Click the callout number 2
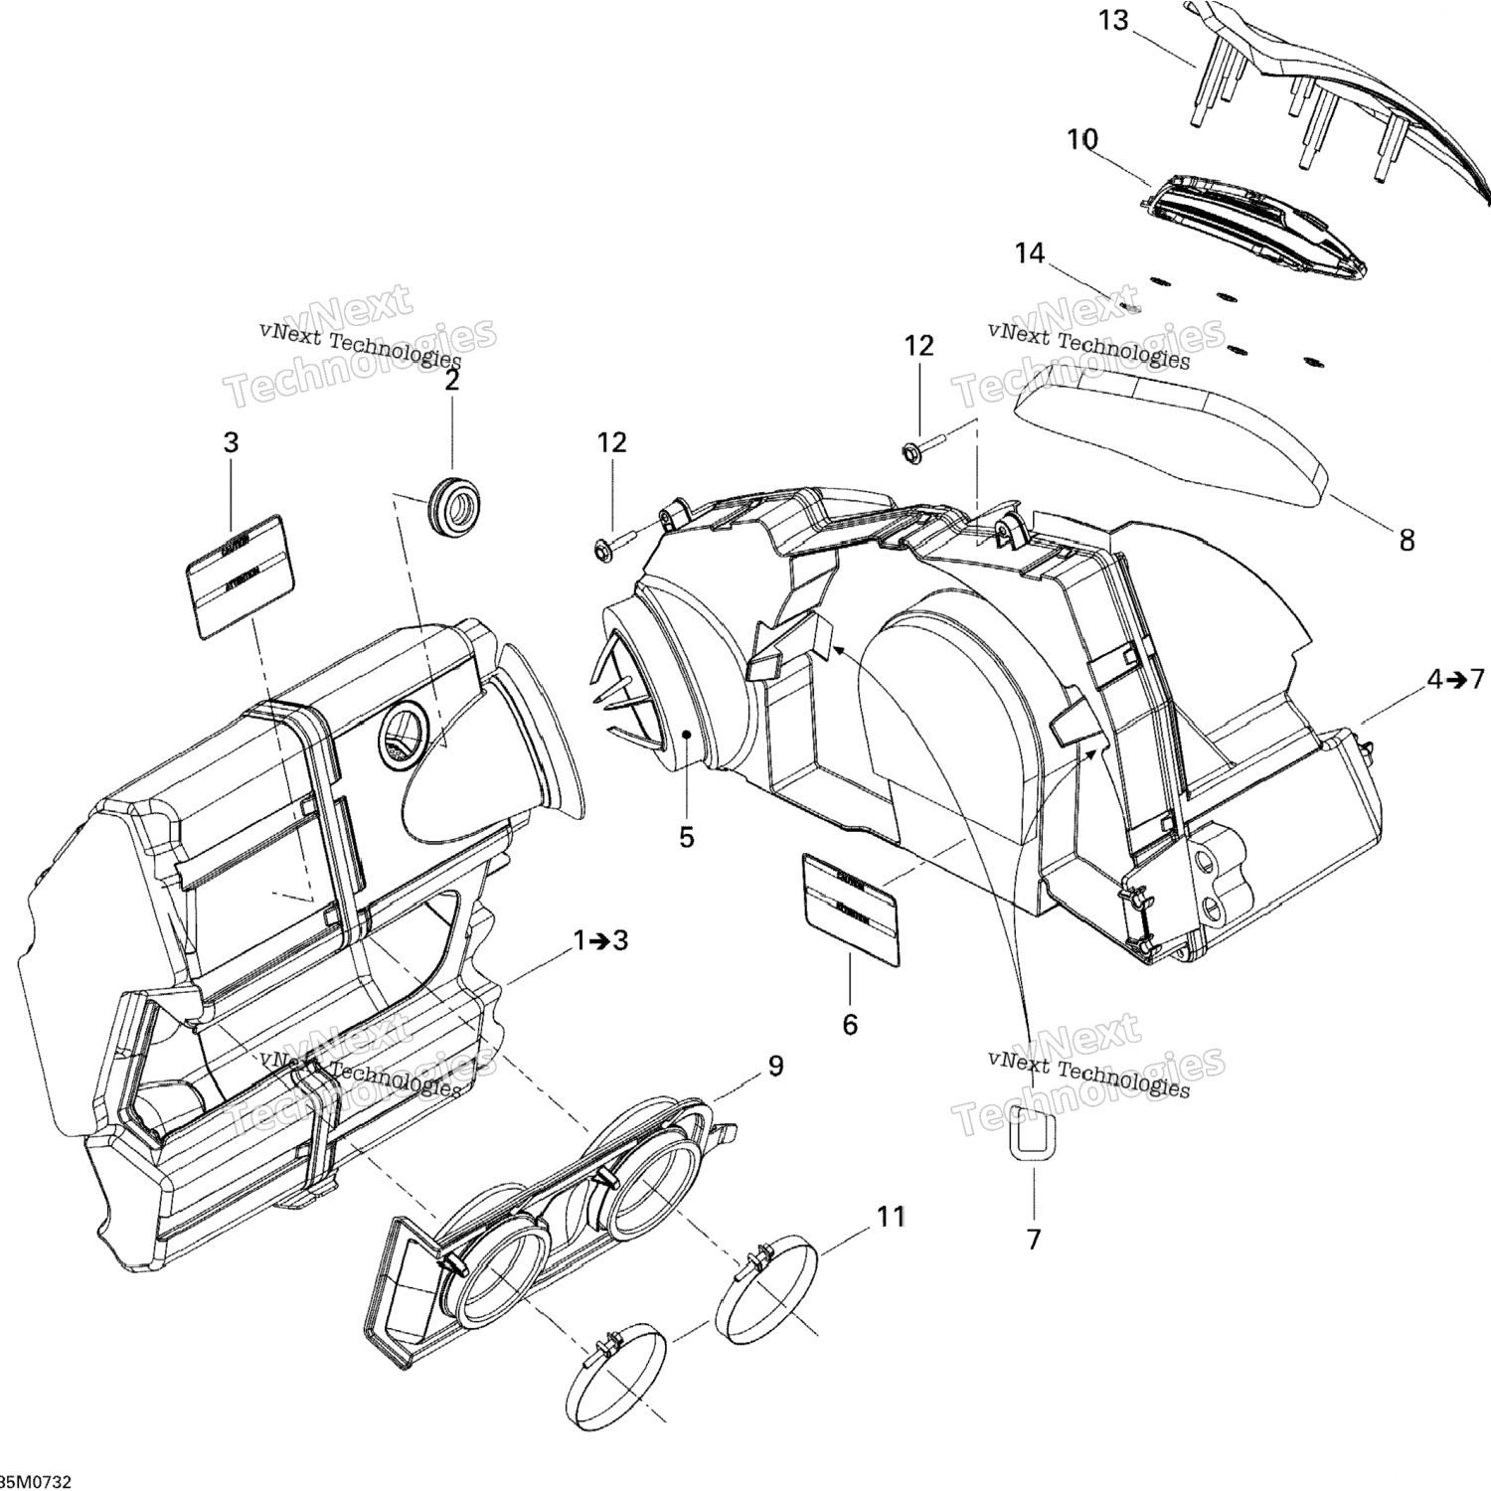click(451, 381)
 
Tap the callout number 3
click(231, 442)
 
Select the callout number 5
click(687, 837)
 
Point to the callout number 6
click(850, 1024)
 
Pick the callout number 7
click(1034, 1240)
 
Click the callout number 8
click(1407, 540)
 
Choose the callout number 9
click(775, 1066)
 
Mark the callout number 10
click(1082, 139)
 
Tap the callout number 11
click(891, 1217)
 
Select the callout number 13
click(1113, 20)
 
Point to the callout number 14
click(1030, 253)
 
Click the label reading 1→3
click(600, 940)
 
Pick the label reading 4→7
click(1455, 680)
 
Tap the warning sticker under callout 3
click(241, 576)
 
